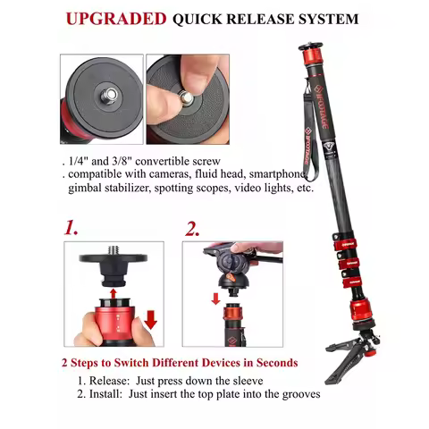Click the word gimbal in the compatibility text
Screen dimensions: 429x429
[x=88, y=189]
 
